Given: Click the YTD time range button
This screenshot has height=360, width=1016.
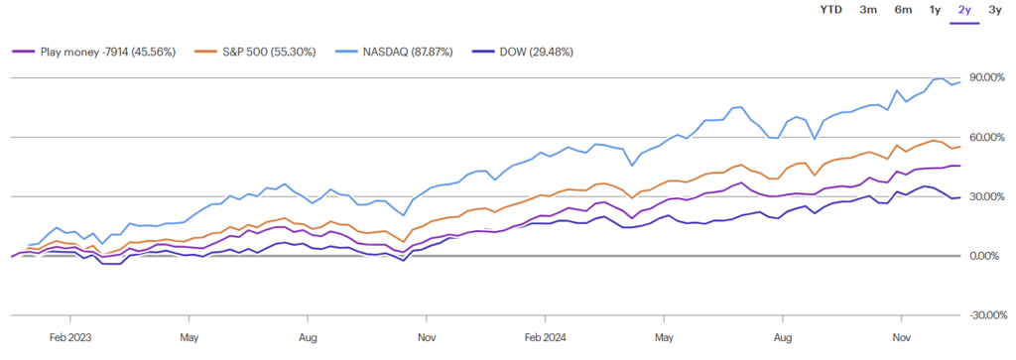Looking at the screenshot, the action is pyautogui.click(x=831, y=10).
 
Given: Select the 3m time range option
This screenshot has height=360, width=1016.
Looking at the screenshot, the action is pyautogui.click(x=868, y=10).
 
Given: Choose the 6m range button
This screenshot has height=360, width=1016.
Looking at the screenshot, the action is pyautogui.click(x=903, y=10).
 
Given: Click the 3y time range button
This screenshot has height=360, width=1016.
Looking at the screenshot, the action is pyautogui.click(x=993, y=10).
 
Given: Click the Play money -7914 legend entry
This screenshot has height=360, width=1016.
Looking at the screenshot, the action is pyautogui.click(x=92, y=53).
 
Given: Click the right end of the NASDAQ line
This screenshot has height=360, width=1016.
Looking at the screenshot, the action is pyautogui.click(x=960, y=81).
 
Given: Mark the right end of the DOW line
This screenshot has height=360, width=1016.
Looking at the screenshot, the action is pyautogui.click(x=960, y=196).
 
